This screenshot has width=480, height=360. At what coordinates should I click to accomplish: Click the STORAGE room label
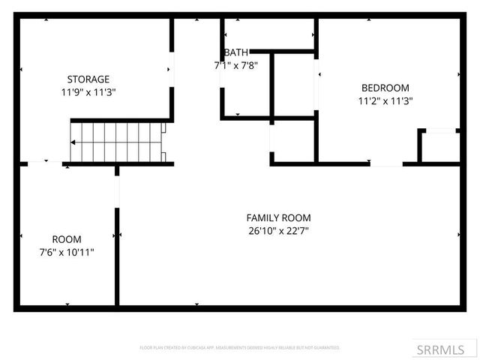[88, 79]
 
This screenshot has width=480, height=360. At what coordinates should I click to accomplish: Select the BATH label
[235, 52]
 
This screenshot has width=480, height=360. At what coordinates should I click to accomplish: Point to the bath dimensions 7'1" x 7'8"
[235, 65]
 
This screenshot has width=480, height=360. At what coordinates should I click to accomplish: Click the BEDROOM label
[385, 87]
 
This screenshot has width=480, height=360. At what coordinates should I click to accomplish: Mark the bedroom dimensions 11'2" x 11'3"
[385, 100]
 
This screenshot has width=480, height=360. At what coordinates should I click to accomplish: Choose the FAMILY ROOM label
[277, 218]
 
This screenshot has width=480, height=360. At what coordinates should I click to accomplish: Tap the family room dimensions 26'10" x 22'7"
[277, 231]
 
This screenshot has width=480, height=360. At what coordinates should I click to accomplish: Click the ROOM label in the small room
[67, 239]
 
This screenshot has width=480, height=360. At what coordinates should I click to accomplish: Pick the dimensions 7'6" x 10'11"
[67, 253]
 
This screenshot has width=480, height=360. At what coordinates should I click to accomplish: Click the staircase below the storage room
[116, 142]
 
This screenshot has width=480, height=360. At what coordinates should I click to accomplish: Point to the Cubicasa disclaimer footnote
[240, 348]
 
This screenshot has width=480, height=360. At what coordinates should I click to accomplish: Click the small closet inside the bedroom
[439, 147]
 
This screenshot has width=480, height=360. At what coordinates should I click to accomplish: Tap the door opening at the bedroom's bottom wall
[386, 163]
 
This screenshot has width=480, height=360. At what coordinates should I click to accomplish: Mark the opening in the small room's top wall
[46, 163]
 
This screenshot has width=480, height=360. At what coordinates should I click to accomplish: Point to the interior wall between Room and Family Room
[117, 255]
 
